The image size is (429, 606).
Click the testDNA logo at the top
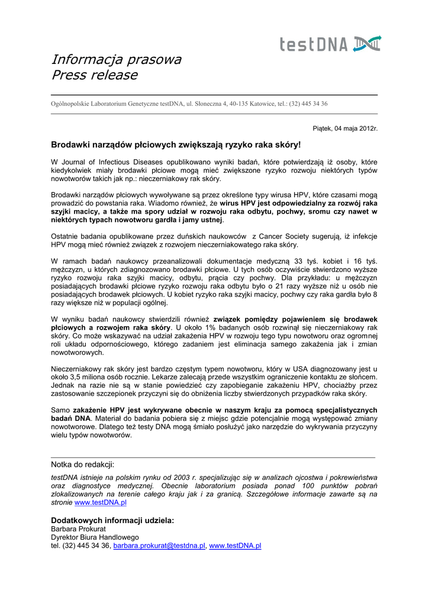pos(330,44)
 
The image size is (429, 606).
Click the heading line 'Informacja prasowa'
pos(116,60)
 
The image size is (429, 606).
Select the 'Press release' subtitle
pos(94,75)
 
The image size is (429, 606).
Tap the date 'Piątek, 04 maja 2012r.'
pos(344,128)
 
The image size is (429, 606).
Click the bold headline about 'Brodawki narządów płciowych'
pos(176,144)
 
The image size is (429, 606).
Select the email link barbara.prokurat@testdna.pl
pos(159,546)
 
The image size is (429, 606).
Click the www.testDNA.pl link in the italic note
pos(101,502)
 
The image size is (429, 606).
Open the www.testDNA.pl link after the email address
pos(235,546)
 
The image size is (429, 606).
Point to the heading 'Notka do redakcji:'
pos(83,465)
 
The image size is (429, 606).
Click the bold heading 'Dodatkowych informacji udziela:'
pos(112,520)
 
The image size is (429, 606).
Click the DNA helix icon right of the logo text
pos(367,43)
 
